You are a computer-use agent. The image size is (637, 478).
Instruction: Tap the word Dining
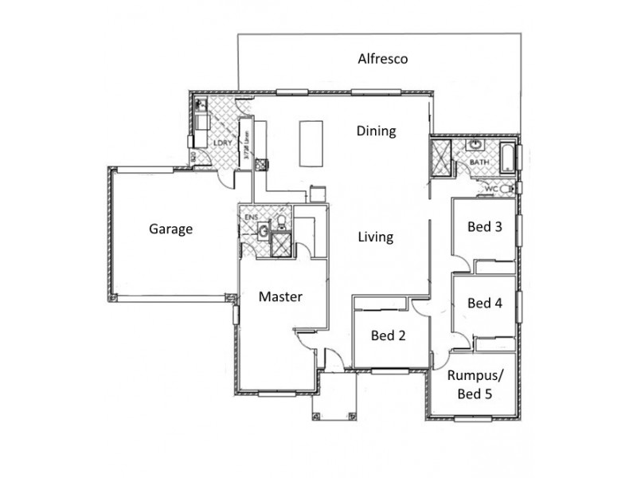click(376, 131)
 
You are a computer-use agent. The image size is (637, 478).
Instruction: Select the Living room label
click(375, 237)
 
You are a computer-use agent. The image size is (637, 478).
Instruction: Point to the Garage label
click(171, 229)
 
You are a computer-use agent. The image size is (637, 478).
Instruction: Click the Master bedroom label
click(281, 297)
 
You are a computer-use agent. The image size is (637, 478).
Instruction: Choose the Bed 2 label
click(389, 335)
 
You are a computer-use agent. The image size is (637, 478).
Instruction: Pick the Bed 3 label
click(484, 227)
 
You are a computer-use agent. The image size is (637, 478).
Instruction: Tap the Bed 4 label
click(484, 303)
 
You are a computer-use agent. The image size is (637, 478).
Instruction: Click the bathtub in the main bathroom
click(506, 156)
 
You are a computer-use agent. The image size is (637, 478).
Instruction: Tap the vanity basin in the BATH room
click(476, 146)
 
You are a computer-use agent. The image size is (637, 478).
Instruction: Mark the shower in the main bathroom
click(440, 156)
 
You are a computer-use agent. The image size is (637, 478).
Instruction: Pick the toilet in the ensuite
click(280, 221)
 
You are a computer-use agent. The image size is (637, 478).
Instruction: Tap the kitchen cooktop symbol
click(317, 191)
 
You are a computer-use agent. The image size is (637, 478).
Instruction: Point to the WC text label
click(491, 189)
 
